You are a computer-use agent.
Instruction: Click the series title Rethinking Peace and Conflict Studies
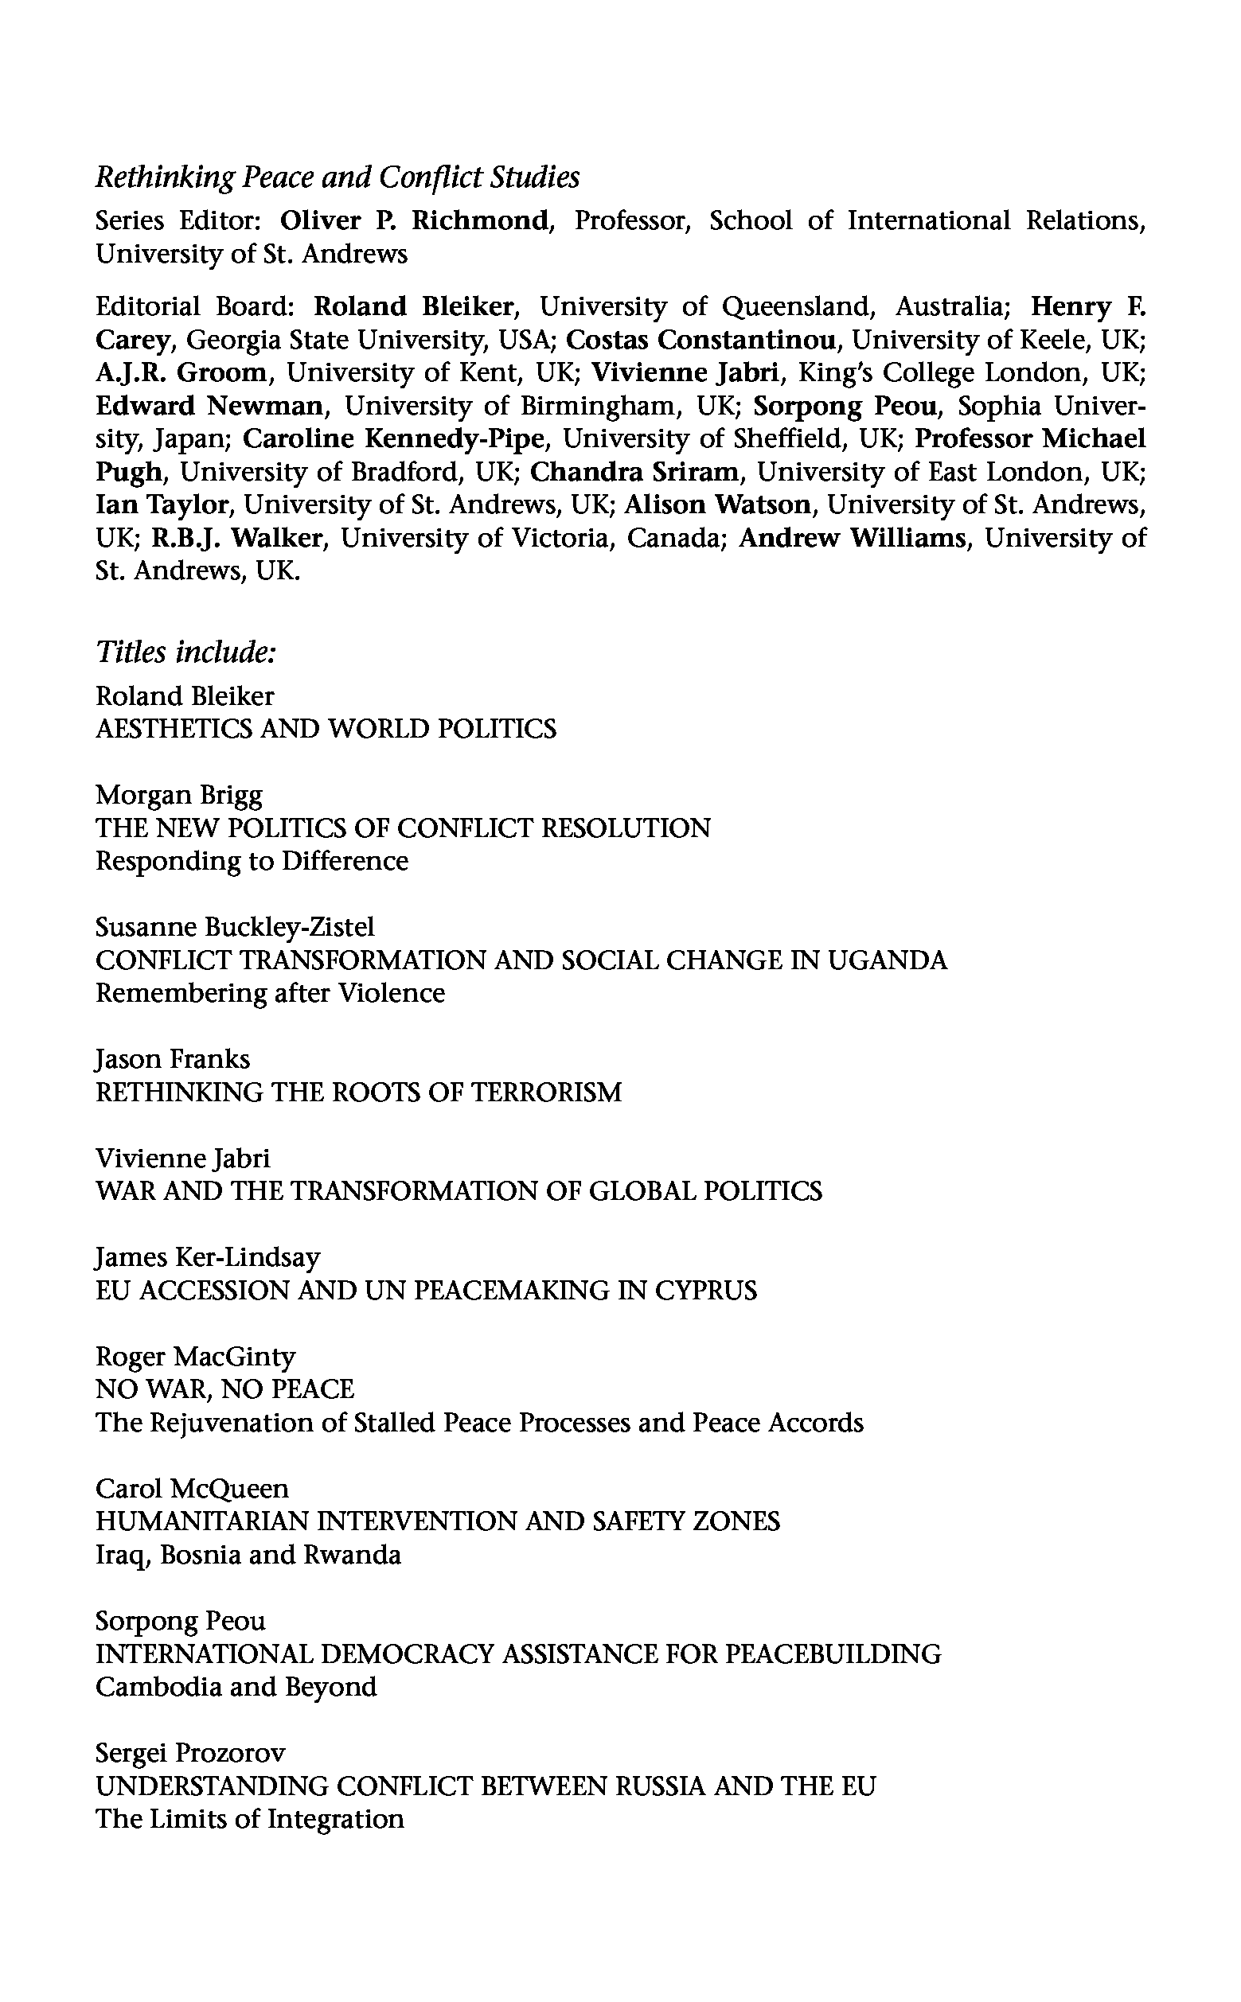[x=338, y=177]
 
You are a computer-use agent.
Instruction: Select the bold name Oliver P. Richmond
[x=415, y=220]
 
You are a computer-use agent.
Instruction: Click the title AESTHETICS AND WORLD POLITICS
[x=326, y=729]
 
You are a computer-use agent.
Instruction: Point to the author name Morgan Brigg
[x=179, y=795]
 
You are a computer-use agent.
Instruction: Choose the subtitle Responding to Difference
[x=252, y=861]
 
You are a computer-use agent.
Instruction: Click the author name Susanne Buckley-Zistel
[x=235, y=927]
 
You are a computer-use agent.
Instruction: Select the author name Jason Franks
[x=173, y=1059]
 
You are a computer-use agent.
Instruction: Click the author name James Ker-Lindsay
[x=208, y=1257]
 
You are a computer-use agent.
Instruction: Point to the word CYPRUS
[x=706, y=1291]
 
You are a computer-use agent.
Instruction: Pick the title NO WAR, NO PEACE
[x=225, y=1389]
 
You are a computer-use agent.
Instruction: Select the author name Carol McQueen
[x=192, y=1489]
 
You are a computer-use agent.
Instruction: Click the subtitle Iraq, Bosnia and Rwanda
[x=248, y=1555]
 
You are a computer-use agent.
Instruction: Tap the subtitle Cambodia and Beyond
[x=236, y=1687]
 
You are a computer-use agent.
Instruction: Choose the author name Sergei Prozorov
[x=190, y=1754]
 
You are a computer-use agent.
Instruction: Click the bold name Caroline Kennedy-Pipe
[x=395, y=439]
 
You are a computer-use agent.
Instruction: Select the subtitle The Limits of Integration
[x=249, y=1819]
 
